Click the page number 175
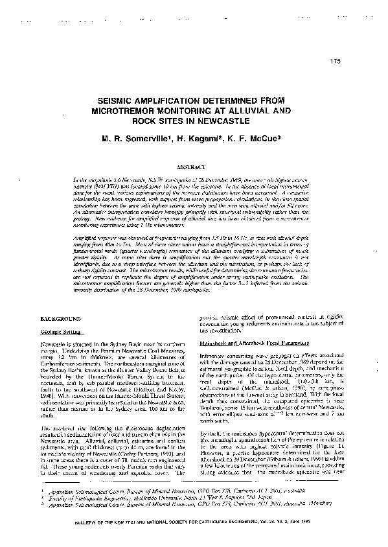pos(335,62)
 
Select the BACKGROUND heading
pos(60,320)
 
